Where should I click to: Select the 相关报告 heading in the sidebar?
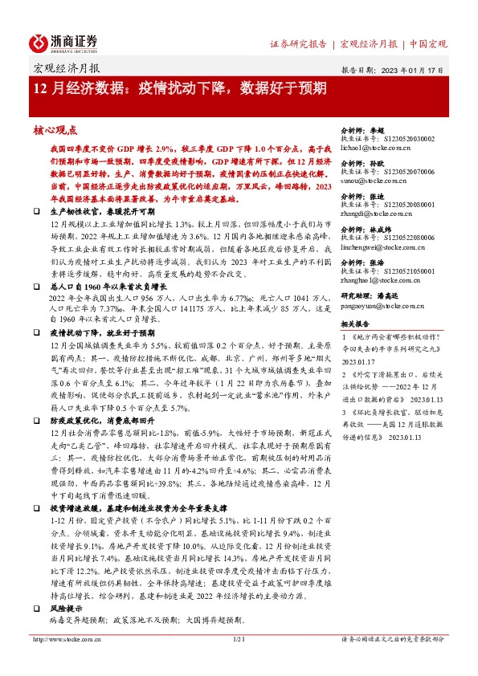coord(354,324)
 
